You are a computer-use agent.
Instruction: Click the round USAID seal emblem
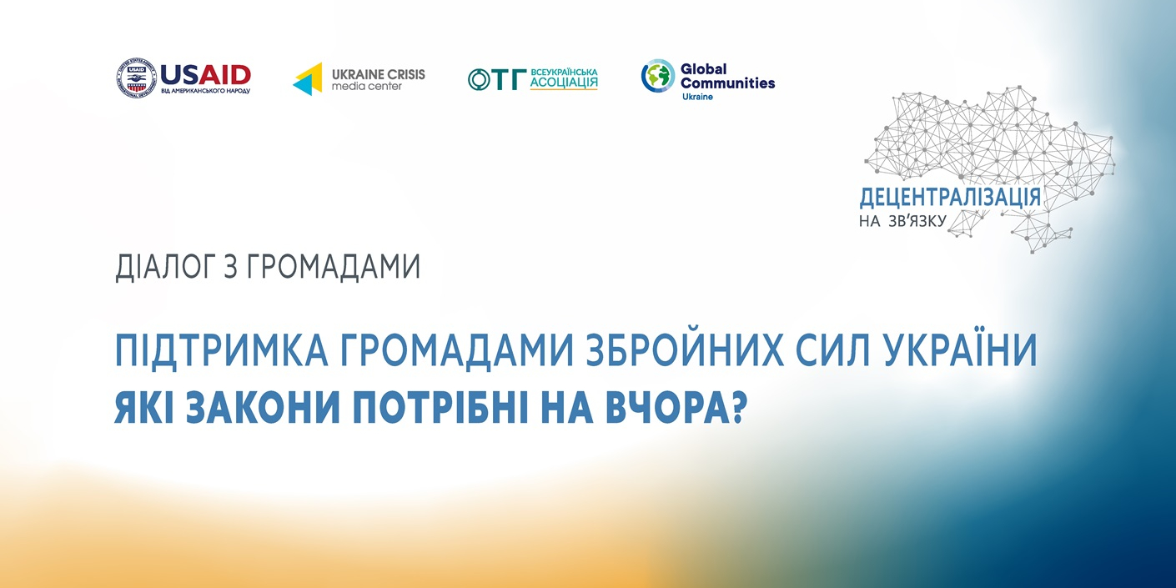point(137,78)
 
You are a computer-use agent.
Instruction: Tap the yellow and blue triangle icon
point(308,79)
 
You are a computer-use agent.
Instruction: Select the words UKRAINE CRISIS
point(378,74)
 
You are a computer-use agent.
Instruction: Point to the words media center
point(366,86)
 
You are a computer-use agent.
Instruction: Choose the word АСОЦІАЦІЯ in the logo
point(563,83)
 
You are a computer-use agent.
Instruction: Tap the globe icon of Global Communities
point(658,76)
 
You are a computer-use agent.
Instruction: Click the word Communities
point(727,83)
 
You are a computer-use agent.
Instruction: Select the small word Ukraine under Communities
point(697,97)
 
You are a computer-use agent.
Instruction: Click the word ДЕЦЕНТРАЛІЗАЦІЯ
point(950,198)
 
